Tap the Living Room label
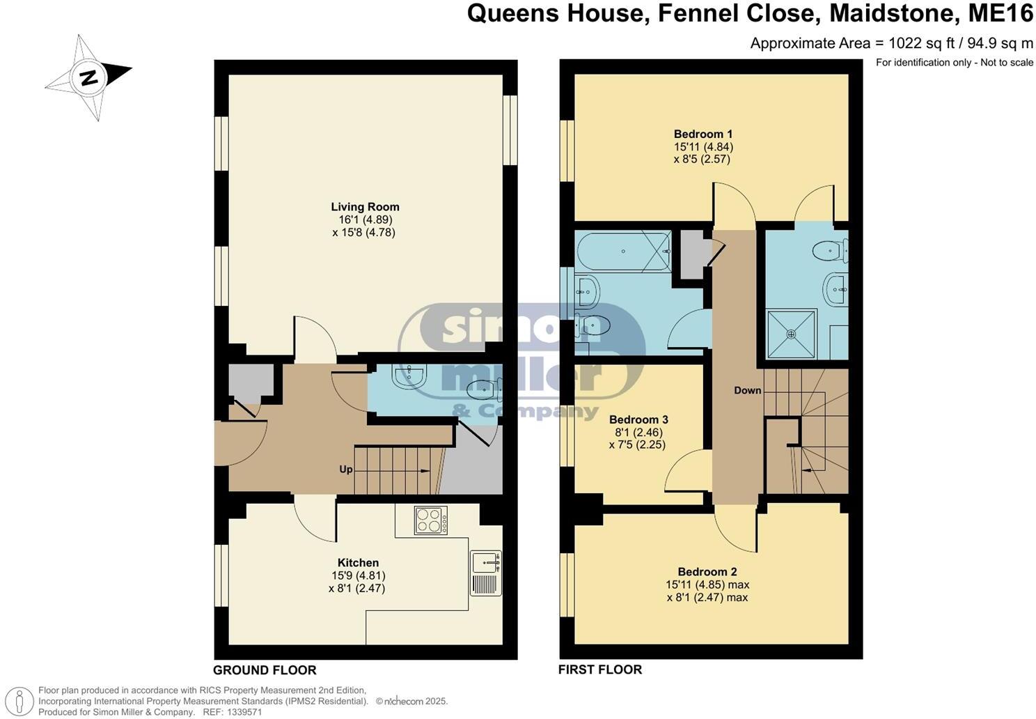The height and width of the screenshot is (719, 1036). pos(365,207)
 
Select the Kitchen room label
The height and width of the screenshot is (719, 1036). pos(358,563)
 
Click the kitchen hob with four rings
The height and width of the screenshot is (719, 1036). pos(431,520)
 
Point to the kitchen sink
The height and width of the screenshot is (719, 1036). pos(485,562)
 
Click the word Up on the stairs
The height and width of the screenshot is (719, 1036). pos(345,470)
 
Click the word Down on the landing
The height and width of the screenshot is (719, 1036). pos(747,390)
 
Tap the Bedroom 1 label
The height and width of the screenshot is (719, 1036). pos(703,134)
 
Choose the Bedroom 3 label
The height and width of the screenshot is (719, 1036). pos(638,419)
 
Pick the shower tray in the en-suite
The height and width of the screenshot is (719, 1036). pos(791,334)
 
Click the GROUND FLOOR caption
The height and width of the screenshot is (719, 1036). pos(265,670)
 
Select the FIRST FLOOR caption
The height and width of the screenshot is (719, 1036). pos(599,670)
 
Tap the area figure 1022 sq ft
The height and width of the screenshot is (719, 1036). pos(916,43)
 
